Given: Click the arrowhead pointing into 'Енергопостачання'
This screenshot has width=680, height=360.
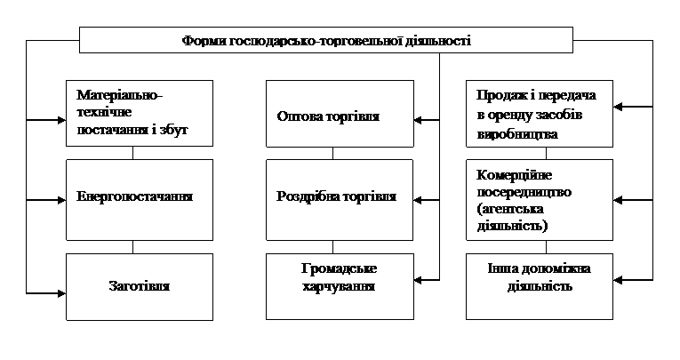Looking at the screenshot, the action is (x=61, y=200).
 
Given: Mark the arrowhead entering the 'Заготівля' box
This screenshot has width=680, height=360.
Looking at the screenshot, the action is (x=61, y=293).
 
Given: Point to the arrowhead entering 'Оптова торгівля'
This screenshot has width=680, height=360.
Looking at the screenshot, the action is (x=419, y=120).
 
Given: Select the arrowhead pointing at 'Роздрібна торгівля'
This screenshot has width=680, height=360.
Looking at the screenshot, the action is (x=418, y=200).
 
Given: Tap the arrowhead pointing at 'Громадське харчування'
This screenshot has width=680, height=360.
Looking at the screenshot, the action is (x=419, y=280).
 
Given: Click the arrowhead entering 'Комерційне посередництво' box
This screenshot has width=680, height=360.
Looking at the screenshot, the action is (x=618, y=200).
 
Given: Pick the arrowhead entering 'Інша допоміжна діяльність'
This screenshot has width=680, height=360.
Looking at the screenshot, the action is (x=618, y=280).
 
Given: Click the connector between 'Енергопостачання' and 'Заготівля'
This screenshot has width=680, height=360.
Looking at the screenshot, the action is (x=132, y=247).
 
